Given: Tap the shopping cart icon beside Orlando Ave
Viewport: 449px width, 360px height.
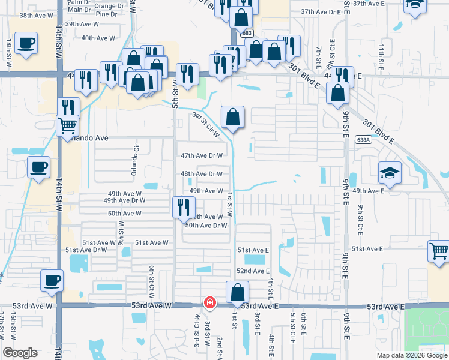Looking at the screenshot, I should (x=68, y=126).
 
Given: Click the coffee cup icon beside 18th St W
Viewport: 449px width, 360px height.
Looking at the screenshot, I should (x=26, y=44).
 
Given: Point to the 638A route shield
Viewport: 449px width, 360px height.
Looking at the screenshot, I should (x=363, y=139).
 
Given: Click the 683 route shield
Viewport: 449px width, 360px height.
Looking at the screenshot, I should (x=247, y=34).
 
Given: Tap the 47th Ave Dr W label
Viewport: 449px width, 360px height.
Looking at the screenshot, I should (x=202, y=155).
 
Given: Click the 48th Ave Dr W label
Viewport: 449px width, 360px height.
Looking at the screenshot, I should (x=202, y=174).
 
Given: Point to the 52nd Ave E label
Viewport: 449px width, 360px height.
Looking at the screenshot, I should (x=253, y=271).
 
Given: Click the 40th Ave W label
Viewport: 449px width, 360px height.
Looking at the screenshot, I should (x=98, y=38).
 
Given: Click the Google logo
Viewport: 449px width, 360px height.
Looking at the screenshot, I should (x=20, y=353).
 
